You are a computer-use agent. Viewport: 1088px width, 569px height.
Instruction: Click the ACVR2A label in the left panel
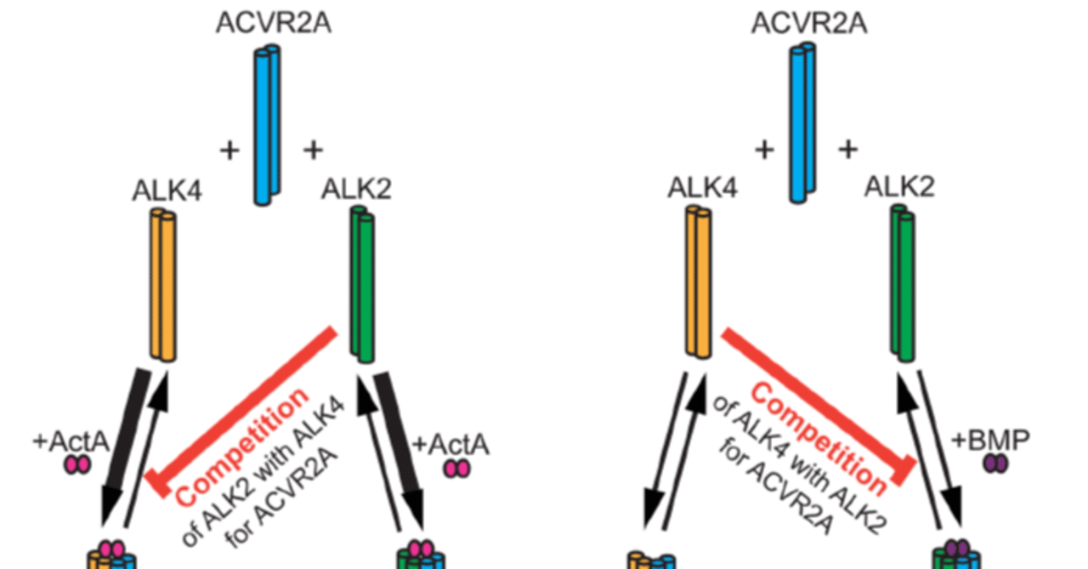(274, 23)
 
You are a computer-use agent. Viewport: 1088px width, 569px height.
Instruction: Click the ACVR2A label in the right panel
(808, 23)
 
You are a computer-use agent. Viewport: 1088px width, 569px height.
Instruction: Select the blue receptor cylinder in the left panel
(267, 125)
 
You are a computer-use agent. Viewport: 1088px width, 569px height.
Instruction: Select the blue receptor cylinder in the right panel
(802, 125)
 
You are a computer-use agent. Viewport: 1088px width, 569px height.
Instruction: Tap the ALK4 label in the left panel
(167, 191)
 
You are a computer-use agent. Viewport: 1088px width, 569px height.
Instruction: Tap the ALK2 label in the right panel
(899, 186)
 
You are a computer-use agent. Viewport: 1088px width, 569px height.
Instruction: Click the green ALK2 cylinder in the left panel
(362, 285)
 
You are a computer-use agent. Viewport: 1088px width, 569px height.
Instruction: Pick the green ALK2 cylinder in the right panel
(902, 285)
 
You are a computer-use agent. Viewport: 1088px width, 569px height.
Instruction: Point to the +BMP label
(990, 440)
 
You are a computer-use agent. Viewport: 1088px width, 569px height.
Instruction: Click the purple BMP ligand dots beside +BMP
(994, 464)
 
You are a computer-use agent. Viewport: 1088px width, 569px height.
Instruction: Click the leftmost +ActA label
(72, 441)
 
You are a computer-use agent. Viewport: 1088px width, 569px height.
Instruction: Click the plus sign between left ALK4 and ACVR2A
(229, 151)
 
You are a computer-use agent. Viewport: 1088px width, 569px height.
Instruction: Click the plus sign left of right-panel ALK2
(847, 150)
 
